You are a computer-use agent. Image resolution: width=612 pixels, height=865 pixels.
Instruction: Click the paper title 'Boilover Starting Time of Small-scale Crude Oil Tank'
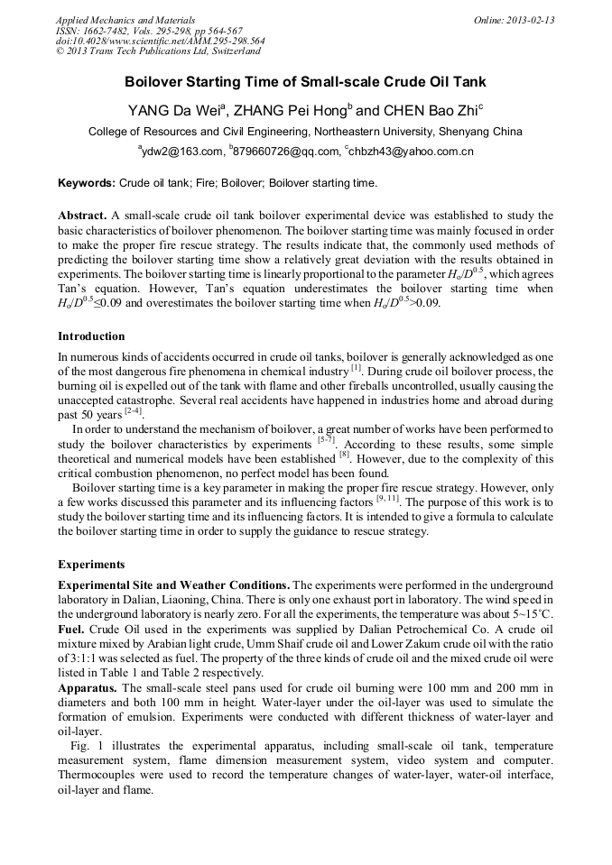click(x=305, y=81)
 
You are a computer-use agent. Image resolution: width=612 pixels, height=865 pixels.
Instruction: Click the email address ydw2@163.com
click(x=181, y=152)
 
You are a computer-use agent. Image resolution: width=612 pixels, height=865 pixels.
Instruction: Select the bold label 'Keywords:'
click(x=87, y=183)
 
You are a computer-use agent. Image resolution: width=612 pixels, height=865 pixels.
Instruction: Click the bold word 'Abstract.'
click(x=82, y=216)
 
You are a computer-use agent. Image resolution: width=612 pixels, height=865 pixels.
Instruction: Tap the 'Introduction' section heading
click(x=91, y=336)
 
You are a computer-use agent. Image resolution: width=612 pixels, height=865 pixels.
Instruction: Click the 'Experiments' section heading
click(x=91, y=564)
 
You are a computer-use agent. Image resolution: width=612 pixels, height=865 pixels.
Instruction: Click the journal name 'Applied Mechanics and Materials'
click(x=125, y=20)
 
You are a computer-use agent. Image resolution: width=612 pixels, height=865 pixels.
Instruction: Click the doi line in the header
click(x=160, y=41)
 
